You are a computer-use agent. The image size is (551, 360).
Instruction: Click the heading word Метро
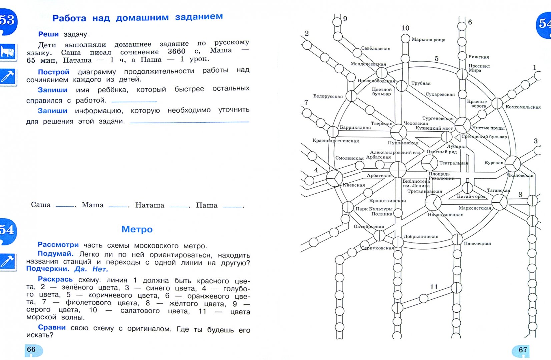coord(137,229)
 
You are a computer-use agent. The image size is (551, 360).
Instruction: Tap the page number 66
coord(31,349)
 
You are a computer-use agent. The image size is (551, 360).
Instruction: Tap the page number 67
coord(523,350)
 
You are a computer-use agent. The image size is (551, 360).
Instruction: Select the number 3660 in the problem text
coord(176,51)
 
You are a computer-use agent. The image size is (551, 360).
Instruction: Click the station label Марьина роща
coord(428,40)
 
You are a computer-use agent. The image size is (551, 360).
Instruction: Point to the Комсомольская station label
coord(523,107)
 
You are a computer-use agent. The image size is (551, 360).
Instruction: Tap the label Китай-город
coord(471,196)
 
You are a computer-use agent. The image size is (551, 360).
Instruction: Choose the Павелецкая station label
coord(477,244)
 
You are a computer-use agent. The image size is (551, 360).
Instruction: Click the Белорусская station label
coord(328,96)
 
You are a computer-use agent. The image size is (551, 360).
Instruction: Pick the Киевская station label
coord(354,185)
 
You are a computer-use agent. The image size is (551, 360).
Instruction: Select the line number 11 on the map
coord(434,287)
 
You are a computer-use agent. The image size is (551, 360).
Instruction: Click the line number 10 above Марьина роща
coord(405,28)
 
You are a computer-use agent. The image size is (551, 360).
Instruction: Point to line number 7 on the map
coord(306,102)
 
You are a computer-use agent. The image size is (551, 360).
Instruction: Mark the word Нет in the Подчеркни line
coord(100,269)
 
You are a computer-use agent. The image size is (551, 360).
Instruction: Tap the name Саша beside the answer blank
coord(41,205)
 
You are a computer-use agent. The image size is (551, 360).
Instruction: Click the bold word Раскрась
coord(55,279)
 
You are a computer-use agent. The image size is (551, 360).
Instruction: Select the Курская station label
coord(494,163)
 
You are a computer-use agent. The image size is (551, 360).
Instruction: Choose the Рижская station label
coord(478,57)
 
